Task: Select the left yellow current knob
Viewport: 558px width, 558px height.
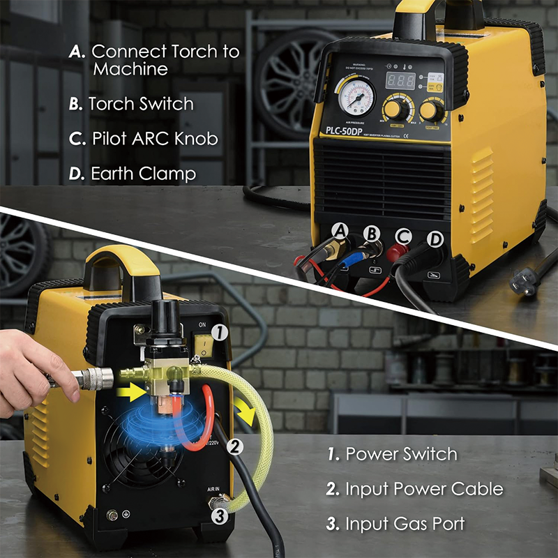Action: (393, 110)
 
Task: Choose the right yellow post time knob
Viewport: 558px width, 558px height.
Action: (431, 110)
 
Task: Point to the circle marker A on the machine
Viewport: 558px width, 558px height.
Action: (340, 231)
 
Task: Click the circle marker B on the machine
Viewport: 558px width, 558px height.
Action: (372, 234)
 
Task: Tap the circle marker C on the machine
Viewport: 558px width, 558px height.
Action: (403, 236)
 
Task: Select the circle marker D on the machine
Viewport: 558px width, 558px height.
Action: (435, 239)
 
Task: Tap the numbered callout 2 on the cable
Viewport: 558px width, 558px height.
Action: (236, 445)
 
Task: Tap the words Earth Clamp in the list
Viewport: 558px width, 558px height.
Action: (143, 173)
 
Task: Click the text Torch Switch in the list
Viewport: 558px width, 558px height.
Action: (140, 104)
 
